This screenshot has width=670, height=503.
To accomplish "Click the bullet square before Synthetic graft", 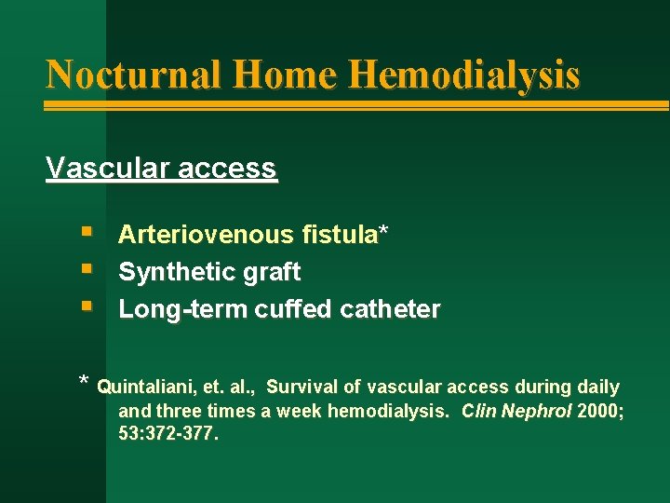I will (x=87, y=268).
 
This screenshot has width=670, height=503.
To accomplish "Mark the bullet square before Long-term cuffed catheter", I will (x=87, y=305).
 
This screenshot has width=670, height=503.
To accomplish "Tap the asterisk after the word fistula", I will (x=382, y=233).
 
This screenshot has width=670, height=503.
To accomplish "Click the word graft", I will (x=270, y=272).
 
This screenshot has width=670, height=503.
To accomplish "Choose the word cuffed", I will (x=283, y=309).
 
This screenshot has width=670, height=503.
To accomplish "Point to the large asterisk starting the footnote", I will (x=84, y=382).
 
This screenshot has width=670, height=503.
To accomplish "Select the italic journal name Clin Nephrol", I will (x=516, y=411).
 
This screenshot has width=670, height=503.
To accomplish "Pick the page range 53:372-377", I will (x=167, y=434).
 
